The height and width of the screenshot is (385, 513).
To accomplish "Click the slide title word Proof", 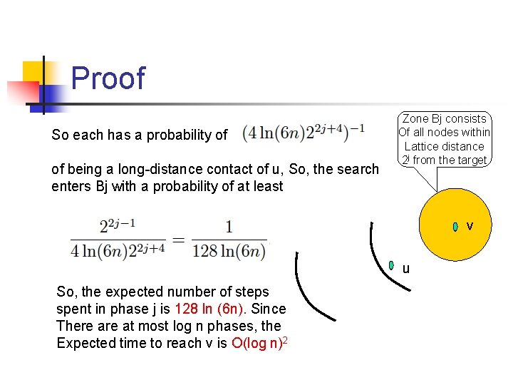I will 108,78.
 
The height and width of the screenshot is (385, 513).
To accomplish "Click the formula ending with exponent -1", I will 304,133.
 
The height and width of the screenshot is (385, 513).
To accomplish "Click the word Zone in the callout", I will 417,119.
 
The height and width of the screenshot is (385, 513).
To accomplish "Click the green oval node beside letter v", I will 455,227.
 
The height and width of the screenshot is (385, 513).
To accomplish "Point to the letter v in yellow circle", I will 470,227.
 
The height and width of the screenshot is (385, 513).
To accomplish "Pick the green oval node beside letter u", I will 391,266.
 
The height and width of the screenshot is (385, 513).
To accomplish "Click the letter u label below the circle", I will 405,269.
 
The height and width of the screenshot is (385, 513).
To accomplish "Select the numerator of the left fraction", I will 117,227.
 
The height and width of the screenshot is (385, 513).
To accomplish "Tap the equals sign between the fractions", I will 178,239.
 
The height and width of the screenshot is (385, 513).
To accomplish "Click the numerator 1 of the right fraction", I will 229,227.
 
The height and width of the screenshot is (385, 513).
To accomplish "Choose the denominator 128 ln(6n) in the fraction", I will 229,252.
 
